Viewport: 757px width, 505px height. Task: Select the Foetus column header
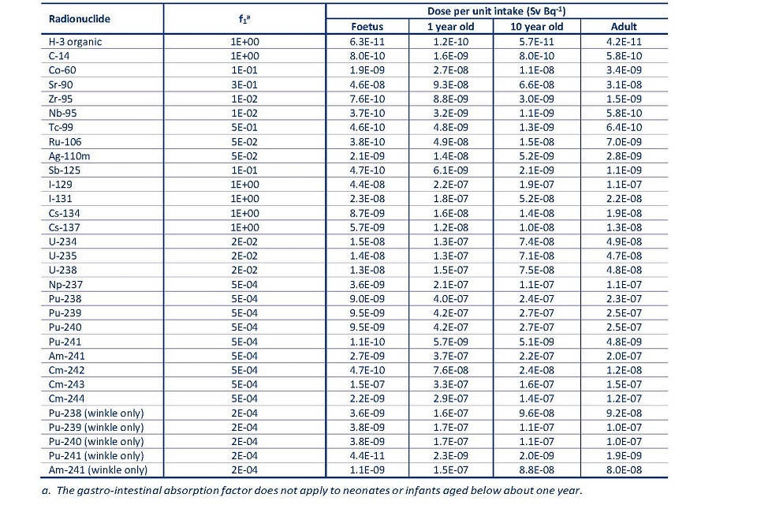(x=366, y=26)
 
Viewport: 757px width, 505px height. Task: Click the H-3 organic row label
(x=75, y=42)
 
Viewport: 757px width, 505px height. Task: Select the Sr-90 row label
(x=61, y=84)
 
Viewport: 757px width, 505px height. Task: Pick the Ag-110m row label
(x=69, y=156)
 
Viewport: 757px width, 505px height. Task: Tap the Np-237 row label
(x=65, y=284)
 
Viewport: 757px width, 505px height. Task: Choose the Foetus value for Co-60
(x=366, y=70)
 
